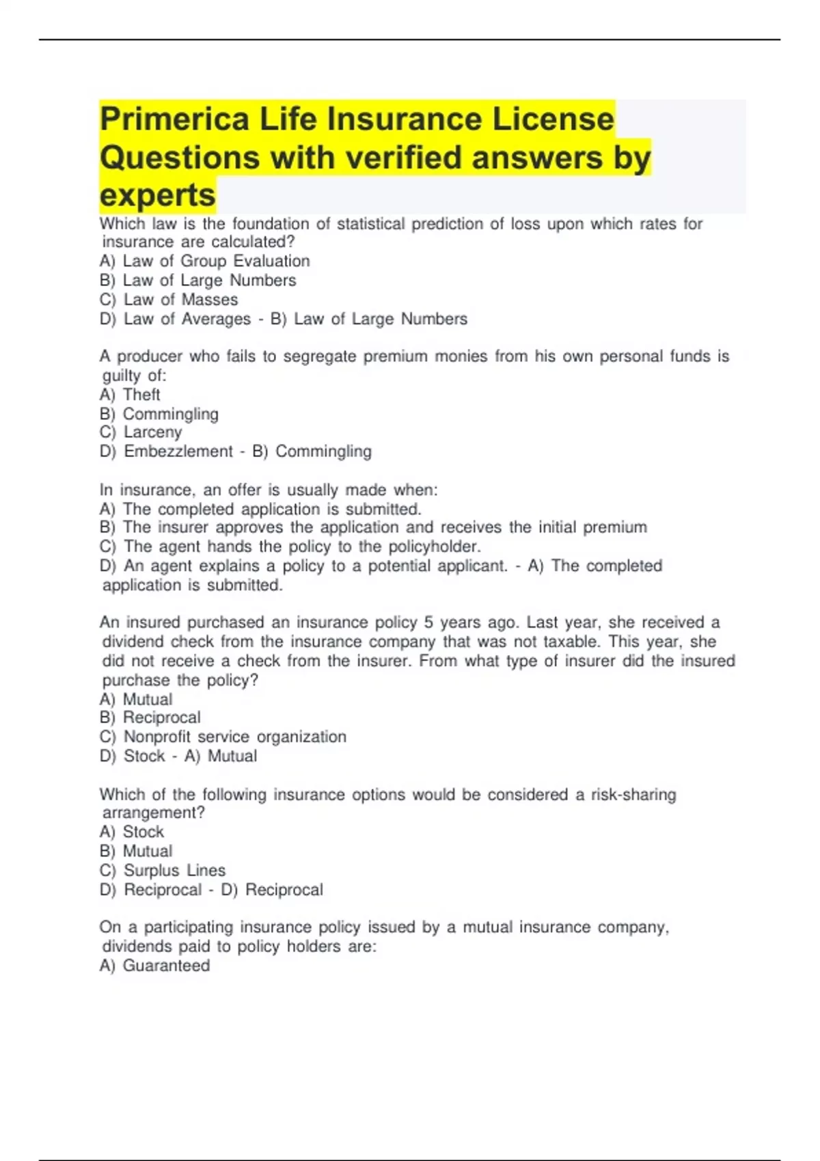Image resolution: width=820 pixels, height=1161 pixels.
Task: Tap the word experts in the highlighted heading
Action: tap(158, 195)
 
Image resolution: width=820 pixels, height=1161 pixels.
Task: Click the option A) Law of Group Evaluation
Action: tap(204, 261)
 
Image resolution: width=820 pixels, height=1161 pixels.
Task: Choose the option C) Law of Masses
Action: tap(169, 299)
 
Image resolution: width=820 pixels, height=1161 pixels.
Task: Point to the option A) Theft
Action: tap(130, 395)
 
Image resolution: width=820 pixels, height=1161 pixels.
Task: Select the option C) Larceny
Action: tap(141, 432)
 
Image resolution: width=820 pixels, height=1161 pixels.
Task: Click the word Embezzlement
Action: tap(178, 451)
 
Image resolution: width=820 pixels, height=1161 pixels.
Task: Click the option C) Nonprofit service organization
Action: tap(223, 737)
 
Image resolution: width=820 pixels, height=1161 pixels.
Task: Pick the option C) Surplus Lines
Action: tap(162, 870)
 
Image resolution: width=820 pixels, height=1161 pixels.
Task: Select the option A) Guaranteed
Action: tap(154, 966)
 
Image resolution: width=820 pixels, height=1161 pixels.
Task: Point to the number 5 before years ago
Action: tap(428, 623)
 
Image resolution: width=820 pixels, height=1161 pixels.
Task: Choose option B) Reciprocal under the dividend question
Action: tap(150, 718)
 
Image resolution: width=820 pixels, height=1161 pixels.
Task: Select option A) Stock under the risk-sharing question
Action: tap(132, 832)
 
